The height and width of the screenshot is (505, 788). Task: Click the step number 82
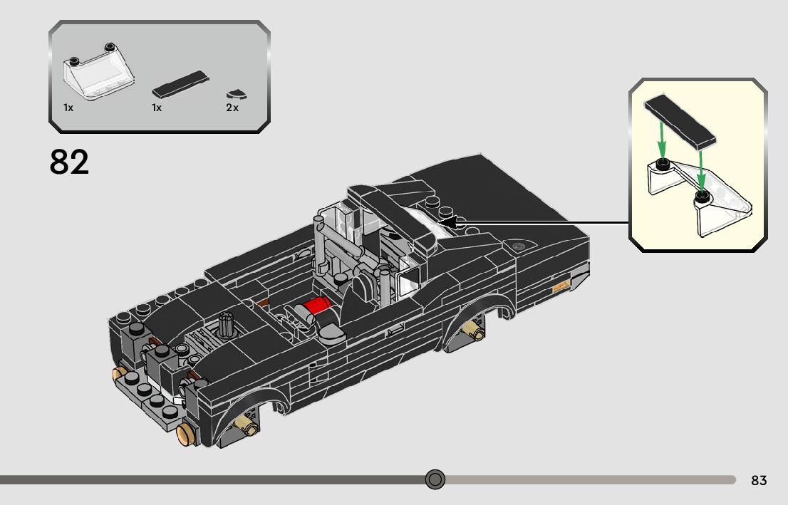(69, 162)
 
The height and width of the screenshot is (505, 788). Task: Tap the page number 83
(759, 480)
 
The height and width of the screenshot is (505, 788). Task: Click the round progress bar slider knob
(435, 479)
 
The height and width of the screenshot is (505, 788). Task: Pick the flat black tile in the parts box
(180, 85)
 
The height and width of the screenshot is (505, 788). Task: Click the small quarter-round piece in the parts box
(233, 93)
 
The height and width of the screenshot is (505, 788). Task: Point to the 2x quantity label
(232, 108)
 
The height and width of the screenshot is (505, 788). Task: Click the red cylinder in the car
(317, 305)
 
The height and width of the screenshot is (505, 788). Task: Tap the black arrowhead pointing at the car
(447, 222)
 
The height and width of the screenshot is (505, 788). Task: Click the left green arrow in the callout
(662, 140)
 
